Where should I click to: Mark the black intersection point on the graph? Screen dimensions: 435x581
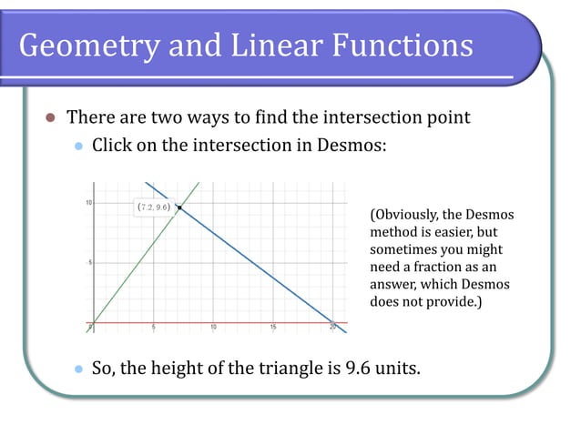180,207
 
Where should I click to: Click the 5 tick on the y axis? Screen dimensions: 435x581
87,262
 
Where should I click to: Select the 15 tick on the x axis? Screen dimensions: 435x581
273,327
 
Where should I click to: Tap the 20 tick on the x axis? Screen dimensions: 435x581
333,327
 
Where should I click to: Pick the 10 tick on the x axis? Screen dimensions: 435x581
213,327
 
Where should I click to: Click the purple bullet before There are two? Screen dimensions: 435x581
51,117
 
